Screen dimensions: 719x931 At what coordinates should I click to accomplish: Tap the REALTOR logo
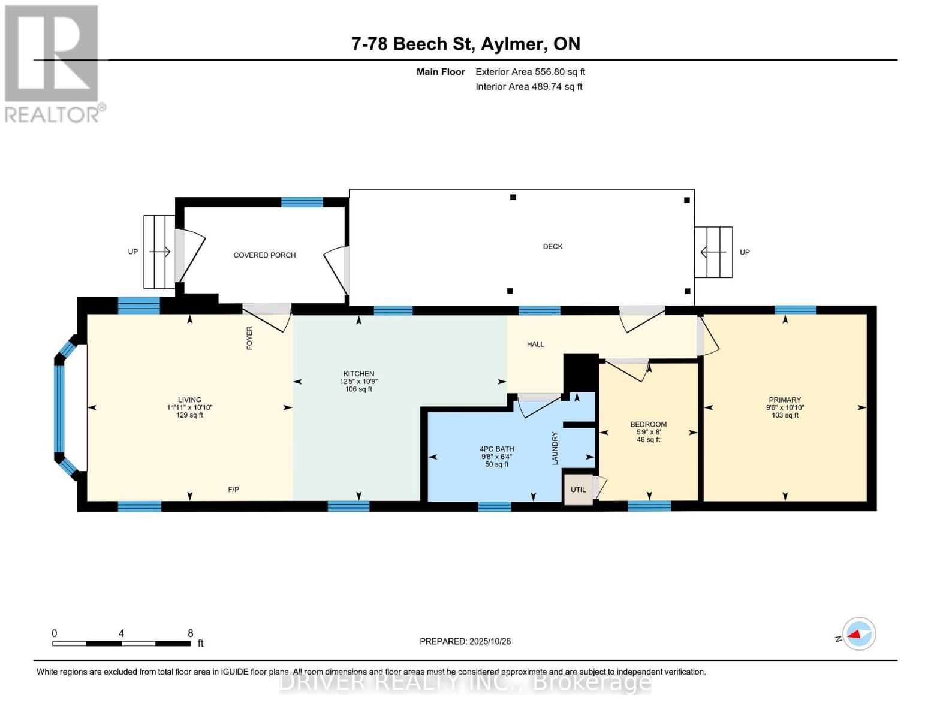click(53, 63)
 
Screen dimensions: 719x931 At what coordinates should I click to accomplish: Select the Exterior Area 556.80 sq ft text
click(530, 72)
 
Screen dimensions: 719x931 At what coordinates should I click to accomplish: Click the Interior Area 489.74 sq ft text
click(529, 87)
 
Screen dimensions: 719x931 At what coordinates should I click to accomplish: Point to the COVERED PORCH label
click(264, 255)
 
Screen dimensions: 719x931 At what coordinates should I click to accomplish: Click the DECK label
click(552, 246)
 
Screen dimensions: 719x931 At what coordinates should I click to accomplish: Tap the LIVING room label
click(189, 400)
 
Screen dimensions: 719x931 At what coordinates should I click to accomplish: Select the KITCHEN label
click(358, 374)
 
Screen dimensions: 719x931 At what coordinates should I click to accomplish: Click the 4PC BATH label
click(496, 449)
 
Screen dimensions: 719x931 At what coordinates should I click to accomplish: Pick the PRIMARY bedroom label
click(785, 400)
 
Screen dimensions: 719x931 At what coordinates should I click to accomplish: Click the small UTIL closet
click(578, 490)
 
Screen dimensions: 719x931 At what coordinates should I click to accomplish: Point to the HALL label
click(535, 344)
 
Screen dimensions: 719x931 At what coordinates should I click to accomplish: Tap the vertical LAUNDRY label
click(555, 448)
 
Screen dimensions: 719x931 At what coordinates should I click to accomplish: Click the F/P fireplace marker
click(234, 490)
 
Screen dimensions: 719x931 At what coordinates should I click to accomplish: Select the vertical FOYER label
click(249, 338)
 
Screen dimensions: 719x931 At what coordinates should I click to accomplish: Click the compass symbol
click(858, 634)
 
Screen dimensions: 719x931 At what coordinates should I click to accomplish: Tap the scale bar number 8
click(190, 633)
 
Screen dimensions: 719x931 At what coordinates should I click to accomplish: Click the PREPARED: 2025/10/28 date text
click(465, 641)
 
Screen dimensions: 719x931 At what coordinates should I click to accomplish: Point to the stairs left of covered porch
click(159, 252)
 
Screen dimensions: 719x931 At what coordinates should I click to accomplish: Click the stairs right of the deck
click(713, 252)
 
